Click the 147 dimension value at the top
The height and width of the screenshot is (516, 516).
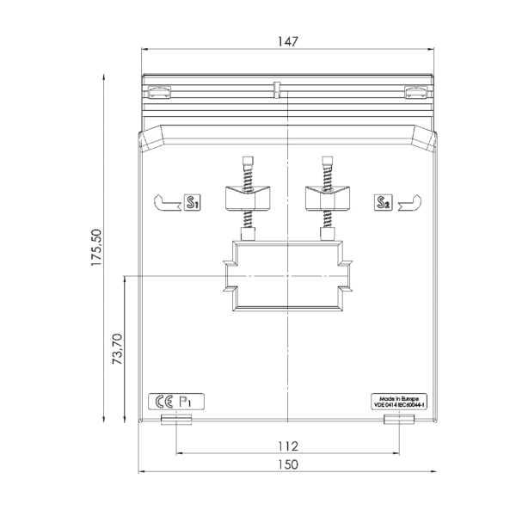288,41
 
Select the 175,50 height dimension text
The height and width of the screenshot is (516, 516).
96,248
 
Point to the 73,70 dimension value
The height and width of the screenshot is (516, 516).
117,349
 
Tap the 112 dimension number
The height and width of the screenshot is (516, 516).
288,446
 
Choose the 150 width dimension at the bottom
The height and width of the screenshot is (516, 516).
288,464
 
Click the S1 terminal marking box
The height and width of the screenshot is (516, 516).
192,202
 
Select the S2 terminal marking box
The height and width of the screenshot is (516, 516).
384,202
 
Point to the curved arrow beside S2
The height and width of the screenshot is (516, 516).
409,203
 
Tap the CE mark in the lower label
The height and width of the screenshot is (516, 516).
164,402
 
